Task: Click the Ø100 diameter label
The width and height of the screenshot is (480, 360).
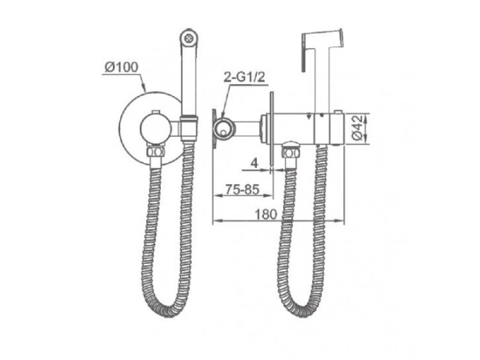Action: (x=122, y=67)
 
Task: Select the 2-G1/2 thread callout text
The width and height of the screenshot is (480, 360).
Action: (x=244, y=78)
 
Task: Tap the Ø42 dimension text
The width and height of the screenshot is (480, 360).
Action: (x=358, y=128)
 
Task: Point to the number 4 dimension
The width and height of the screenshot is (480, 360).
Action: (x=254, y=163)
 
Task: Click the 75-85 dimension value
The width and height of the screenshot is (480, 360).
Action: (x=242, y=190)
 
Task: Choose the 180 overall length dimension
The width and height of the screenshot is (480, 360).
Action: (x=266, y=214)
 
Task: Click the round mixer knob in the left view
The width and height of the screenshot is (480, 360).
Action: (x=155, y=128)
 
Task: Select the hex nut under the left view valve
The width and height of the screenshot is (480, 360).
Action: (x=156, y=151)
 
